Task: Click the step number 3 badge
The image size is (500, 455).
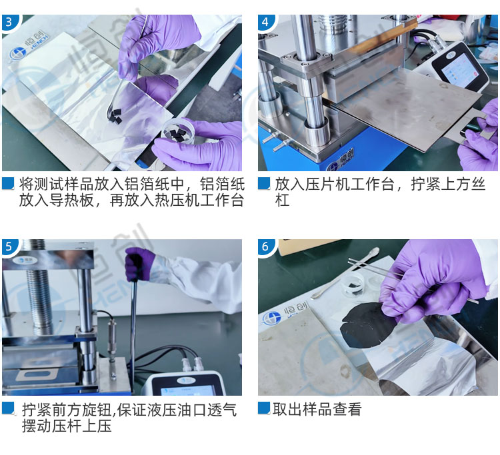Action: tap(9, 22)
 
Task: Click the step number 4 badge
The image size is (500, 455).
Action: tap(265, 22)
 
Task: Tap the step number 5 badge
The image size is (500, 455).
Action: tap(9, 246)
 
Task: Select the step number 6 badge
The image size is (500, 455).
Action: tap(265, 246)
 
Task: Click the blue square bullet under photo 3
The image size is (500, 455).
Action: tap(8, 184)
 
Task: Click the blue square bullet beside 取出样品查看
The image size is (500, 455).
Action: tap(264, 408)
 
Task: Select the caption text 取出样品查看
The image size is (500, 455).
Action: tap(317, 409)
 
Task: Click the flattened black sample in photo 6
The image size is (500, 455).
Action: tap(366, 324)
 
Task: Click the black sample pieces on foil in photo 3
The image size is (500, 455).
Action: tap(115, 116)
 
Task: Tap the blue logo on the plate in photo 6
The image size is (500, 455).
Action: tap(272, 319)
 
